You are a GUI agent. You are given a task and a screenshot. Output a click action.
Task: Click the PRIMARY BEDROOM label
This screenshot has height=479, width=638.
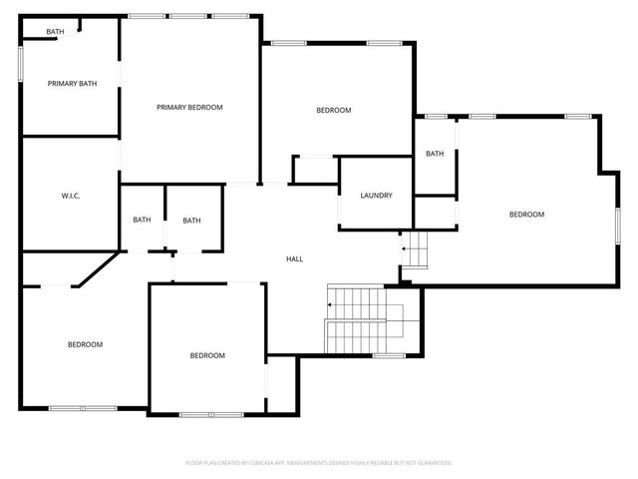pyautogui.click(x=189, y=107)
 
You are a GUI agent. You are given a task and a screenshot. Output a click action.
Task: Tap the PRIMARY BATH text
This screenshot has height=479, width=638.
pyautogui.click(x=72, y=84)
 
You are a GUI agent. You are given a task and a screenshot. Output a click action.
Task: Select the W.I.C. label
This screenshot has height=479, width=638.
pyautogui.click(x=70, y=195)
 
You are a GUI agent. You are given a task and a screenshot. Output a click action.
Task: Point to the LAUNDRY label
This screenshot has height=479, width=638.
pyautogui.click(x=376, y=195)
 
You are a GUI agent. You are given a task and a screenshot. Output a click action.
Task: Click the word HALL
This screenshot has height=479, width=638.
pyautogui.click(x=294, y=259)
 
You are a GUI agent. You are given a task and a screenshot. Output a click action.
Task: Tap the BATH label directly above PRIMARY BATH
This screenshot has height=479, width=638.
pyautogui.click(x=55, y=32)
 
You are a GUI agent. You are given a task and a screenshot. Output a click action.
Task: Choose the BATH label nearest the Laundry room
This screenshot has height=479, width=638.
pyautogui.click(x=435, y=154)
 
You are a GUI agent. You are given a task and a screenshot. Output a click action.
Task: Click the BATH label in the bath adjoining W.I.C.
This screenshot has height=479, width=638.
pyautogui.click(x=142, y=221)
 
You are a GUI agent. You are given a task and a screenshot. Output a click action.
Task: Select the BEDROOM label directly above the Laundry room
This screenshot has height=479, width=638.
pyautogui.click(x=334, y=110)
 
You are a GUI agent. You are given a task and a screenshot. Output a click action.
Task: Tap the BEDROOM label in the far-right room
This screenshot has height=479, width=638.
pyautogui.click(x=526, y=215)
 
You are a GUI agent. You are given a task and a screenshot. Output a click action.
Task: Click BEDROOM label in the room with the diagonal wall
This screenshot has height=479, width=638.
pyautogui.click(x=85, y=344)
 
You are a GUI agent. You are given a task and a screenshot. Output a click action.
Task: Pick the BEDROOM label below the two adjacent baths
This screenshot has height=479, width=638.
pyautogui.click(x=207, y=355)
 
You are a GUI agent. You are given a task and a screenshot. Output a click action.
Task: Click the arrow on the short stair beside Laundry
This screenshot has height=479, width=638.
pyautogui.click(x=404, y=248)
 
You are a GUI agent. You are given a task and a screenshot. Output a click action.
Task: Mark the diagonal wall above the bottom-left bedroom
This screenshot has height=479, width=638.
pyautogui.click(x=98, y=270)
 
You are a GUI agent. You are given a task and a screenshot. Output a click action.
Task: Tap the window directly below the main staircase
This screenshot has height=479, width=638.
pyautogui.click(x=389, y=356)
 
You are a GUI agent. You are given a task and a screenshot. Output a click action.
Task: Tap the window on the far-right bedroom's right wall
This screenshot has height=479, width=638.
pyautogui.click(x=617, y=224)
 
